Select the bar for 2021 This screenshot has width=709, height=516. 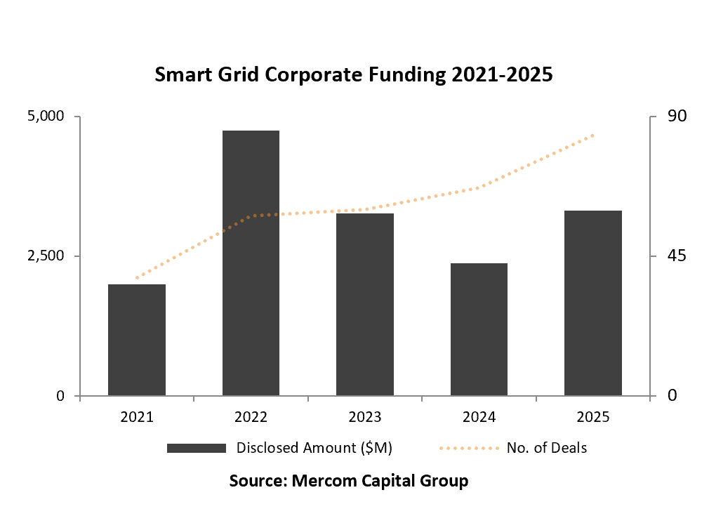(x=137, y=340)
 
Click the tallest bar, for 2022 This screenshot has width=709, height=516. (x=251, y=263)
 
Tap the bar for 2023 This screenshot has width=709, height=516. (x=365, y=305)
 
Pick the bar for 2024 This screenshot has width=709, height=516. (x=479, y=329)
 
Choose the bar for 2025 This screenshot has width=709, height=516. (x=593, y=303)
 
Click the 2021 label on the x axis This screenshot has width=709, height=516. (x=137, y=417)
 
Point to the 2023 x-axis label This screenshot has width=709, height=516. (x=365, y=417)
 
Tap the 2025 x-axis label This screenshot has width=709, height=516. (x=593, y=417)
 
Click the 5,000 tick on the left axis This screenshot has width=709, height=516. (x=45, y=116)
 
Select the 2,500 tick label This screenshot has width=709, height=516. (x=45, y=256)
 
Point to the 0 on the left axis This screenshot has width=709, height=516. (x=60, y=396)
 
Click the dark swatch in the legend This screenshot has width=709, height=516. (x=196, y=448)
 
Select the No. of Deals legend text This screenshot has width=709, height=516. (x=546, y=448)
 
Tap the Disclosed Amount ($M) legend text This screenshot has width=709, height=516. (x=314, y=448)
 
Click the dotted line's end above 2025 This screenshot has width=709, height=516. (x=593, y=134)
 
